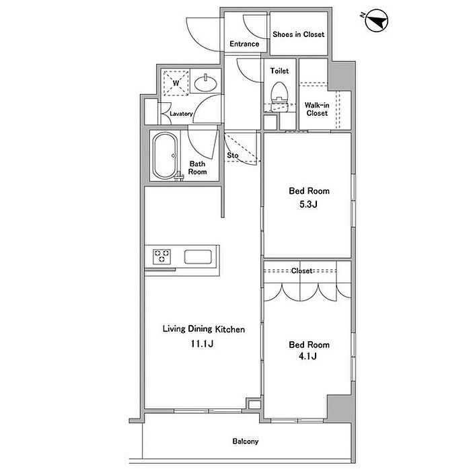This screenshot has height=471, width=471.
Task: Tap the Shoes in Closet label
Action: (x=298, y=34)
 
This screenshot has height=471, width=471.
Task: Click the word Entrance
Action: (x=244, y=44)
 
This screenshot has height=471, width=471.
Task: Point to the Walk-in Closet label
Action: (x=316, y=109)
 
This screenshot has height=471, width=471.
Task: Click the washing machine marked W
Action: (x=176, y=82)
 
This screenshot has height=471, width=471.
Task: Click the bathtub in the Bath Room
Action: (x=164, y=156)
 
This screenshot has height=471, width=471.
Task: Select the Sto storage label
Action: (x=233, y=155)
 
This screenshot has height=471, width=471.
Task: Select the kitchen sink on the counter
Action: (x=198, y=257)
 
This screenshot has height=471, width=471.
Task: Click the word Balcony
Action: (x=246, y=442)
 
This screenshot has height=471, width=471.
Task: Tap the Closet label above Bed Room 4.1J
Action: (x=301, y=271)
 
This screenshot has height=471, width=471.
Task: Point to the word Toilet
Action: (x=279, y=71)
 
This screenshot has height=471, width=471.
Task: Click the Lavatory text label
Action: (x=182, y=114)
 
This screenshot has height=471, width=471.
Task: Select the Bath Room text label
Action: (x=197, y=168)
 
